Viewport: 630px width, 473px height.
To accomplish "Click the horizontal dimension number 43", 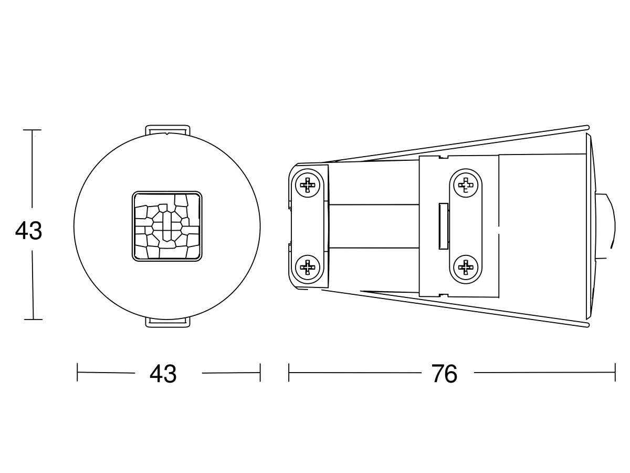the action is point(163,373).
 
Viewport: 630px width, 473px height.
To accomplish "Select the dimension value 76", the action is point(444,373).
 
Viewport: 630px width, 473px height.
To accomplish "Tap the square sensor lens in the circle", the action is point(167,227).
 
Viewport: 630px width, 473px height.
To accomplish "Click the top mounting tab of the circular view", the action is point(167,129).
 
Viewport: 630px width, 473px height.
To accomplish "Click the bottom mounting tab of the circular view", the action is point(167,322).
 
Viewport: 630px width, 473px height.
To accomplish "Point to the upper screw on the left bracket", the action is point(308,185).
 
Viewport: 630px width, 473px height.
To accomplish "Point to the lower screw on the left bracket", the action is point(308,267).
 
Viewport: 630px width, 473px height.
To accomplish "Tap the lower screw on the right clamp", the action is point(466,268).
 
